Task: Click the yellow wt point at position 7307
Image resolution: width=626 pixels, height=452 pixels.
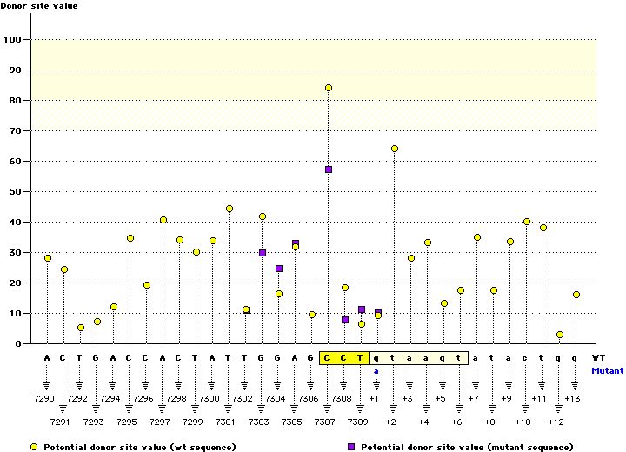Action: point(329,88)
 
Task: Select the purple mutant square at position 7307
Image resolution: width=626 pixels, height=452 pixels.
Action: point(329,169)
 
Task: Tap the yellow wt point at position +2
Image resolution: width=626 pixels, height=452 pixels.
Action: point(395,149)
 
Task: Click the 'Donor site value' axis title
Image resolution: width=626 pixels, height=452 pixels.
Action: point(37,6)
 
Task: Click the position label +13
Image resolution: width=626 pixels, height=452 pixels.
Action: point(572,398)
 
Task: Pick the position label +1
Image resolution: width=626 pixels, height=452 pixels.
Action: point(374,398)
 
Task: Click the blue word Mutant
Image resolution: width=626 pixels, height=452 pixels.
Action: point(607,370)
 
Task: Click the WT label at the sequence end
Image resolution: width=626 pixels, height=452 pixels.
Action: point(598,357)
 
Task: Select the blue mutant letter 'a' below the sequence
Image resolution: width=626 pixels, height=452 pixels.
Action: point(377,370)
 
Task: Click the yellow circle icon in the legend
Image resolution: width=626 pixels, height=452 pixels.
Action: point(34,446)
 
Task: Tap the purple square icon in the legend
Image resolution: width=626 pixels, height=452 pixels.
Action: point(351,446)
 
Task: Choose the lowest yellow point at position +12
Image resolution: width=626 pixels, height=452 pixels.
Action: point(560,335)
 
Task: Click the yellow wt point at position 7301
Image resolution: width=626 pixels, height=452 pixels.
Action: point(230,209)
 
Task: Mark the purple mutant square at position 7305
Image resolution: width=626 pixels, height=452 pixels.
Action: point(296,243)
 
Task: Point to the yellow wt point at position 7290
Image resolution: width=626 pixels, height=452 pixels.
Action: point(48,258)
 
